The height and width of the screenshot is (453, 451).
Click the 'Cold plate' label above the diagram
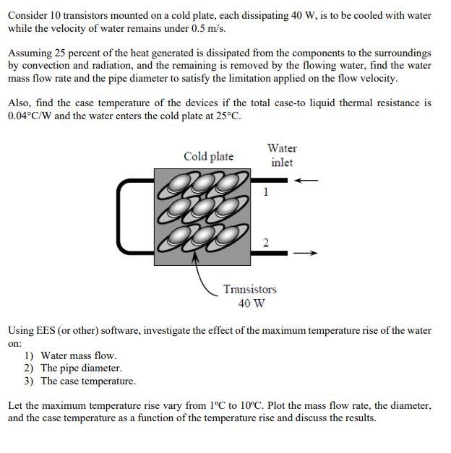[208, 156]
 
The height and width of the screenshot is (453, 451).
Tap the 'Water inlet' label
[282, 155]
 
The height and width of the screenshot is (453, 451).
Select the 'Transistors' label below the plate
[249, 289]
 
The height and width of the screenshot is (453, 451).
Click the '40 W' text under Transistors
[249, 303]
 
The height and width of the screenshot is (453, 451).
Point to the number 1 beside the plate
[266, 192]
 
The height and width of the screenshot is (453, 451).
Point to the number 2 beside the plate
[266, 243]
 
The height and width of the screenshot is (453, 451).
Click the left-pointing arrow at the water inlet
[308, 180]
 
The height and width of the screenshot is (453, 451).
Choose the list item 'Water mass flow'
[78, 355]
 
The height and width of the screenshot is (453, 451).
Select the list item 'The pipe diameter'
[81, 368]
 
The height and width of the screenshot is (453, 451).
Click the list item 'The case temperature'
[87, 381]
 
